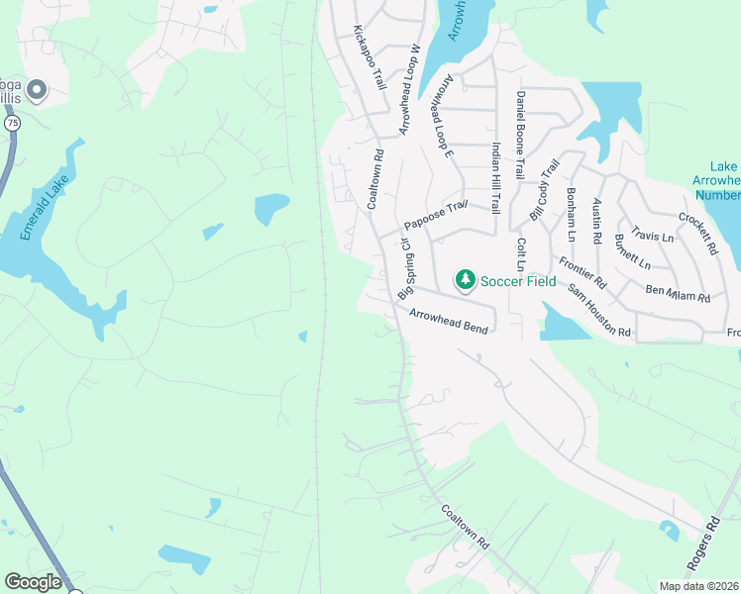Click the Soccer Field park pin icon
click(x=465, y=280)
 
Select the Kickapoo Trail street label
click(x=369, y=58)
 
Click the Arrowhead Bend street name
click(x=449, y=321)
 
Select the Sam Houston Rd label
click(x=599, y=309)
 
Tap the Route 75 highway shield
click(x=11, y=122)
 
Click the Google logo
click(x=34, y=582)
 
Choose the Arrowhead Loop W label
click(x=411, y=89)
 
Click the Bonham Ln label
click(x=572, y=214)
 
